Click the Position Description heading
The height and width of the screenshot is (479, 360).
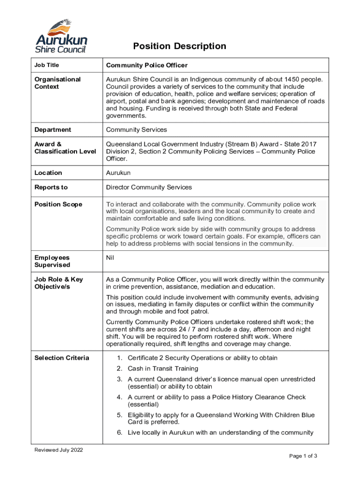pos(180,46)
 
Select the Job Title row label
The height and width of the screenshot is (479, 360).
pos(47,65)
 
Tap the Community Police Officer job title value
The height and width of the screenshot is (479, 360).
pos(147,65)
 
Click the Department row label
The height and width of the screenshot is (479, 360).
pos(53,130)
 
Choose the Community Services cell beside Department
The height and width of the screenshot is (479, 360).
pos(137,130)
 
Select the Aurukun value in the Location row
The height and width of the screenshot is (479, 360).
pos(118,173)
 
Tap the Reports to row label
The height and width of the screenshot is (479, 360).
pos(51,187)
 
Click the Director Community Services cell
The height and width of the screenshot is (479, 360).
pos(149,187)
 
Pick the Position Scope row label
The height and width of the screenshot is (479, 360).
pos(58,204)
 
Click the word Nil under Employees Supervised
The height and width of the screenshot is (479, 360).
pos(110,258)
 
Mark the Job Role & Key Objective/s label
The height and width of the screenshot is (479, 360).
pos(58,283)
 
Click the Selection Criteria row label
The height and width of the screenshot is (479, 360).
pos(62,358)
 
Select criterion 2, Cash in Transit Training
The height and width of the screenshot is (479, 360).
pos(163,369)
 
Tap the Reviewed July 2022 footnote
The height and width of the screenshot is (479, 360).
pos(59,450)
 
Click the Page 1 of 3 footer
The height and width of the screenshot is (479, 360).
pos(303,456)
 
